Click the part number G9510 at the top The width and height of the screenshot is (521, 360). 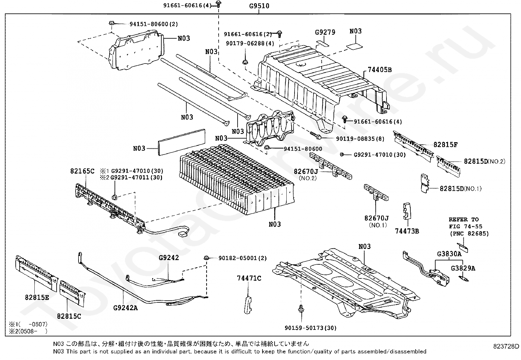tap(259, 6)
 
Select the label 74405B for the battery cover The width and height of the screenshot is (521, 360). tap(380, 70)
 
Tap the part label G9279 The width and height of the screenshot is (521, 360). tap(325, 32)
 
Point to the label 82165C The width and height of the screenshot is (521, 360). tap(82, 171)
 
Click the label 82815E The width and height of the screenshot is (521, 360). tap(37, 297)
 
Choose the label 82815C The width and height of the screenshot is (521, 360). tap(69, 316)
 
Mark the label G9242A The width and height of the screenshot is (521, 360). tap(125, 308)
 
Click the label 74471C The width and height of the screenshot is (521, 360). tap(249, 278)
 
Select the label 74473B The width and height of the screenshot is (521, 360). tap(407, 231)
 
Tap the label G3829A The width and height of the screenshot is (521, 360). tap(463, 268)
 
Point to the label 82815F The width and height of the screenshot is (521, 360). tap(445, 144)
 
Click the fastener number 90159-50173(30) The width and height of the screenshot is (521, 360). tap(311, 328)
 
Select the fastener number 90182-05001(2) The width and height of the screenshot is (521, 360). tap(243, 258)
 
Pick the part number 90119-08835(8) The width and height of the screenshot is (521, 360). tap(360, 139)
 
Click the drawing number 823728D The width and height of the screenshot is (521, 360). tap(506, 346)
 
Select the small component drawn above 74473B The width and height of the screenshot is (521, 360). tap(407, 211)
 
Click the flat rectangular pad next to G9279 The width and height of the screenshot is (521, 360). tap(322, 43)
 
